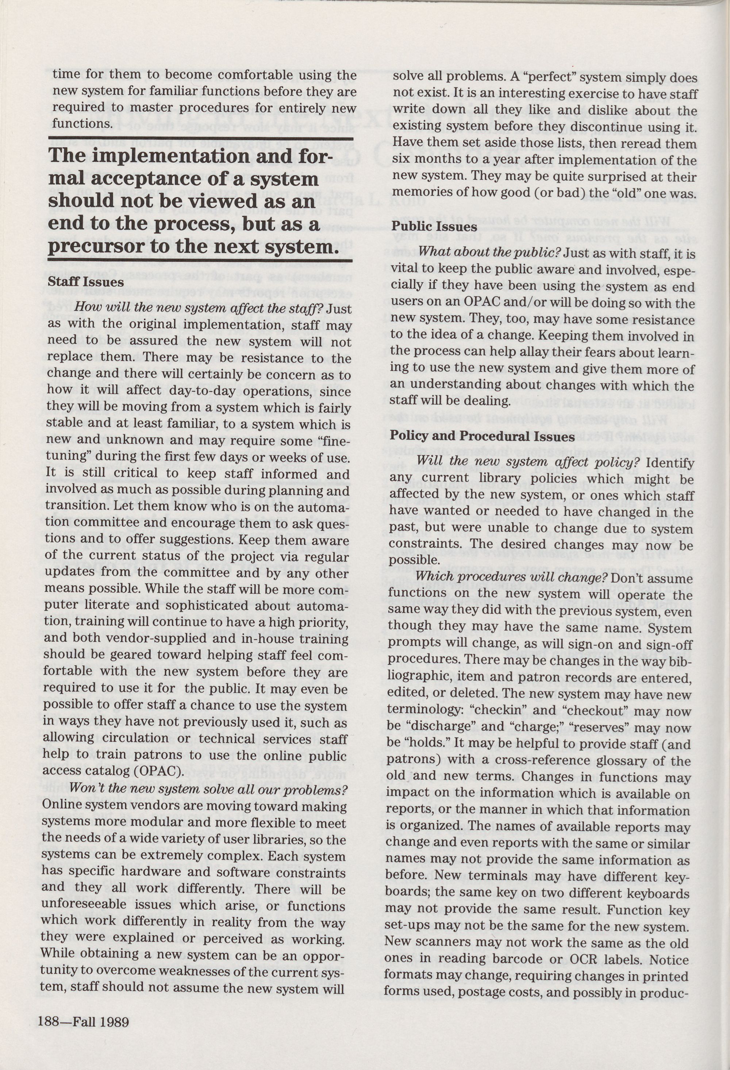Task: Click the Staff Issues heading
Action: coord(86,282)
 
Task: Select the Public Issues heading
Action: coord(434,227)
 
